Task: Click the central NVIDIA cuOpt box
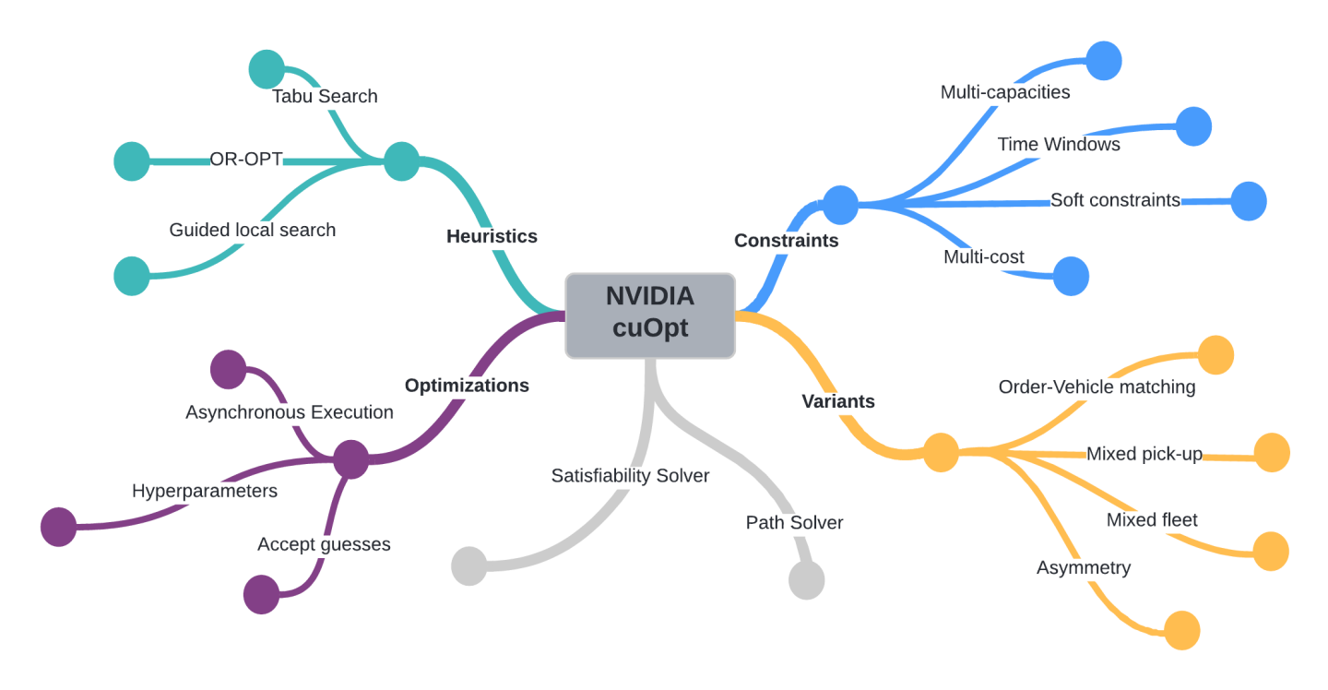coord(650,315)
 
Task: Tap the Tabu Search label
coord(325,96)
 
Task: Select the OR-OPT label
coord(246,160)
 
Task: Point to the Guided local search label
coord(252,230)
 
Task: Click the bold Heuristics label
coord(492,236)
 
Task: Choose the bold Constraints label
coord(786,240)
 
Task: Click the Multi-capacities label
coord(1004,92)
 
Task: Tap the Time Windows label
coord(1059,144)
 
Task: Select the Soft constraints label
coord(1115,200)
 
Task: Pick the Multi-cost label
coord(983,256)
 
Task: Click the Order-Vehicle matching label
coord(1097,387)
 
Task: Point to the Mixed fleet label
coord(1152,519)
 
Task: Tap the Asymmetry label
coord(1083,567)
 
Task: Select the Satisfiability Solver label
coord(630,476)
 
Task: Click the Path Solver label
coord(794,522)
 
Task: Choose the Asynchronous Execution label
coord(289,412)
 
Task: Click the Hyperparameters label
coord(204,491)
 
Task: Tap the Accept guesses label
coord(323,544)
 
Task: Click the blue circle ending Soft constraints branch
coord(1249,200)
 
